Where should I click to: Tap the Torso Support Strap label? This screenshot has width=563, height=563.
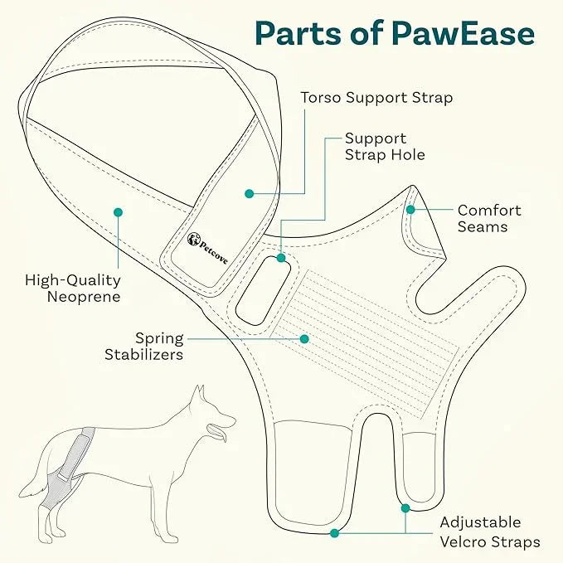point(376,98)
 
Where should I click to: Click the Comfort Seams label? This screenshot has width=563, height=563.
point(489,218)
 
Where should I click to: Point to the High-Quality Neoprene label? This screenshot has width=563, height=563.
point(73,289)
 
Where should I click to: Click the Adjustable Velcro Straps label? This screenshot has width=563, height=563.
point(489,532)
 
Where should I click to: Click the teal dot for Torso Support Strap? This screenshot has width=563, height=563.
point(248,193)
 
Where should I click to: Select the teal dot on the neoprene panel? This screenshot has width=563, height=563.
point(119,213)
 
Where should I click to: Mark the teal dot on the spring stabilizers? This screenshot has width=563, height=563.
point(305,338)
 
